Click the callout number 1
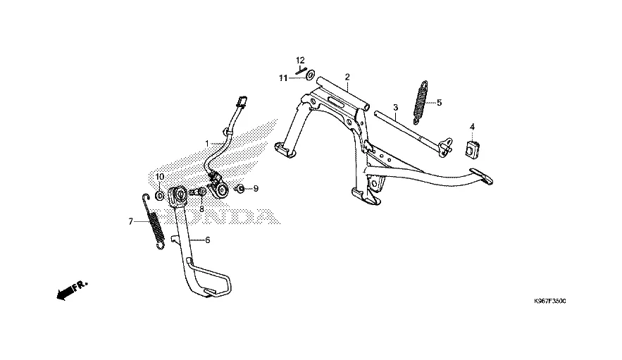click(207, 144)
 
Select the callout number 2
click(347, 76)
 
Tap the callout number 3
click(396, 108)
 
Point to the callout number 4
click(473, 127)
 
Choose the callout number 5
click(439, 102)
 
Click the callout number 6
click(208, 240)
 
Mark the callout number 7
click(130, 221)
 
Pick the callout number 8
click(201, 209)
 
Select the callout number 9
click(256, 189)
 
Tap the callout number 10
click(160, 176)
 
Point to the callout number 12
click(300, 60)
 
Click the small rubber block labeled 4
click(473, 149)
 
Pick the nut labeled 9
click(240, 189)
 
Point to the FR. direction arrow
click(70, 288)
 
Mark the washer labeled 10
click(159, 194)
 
